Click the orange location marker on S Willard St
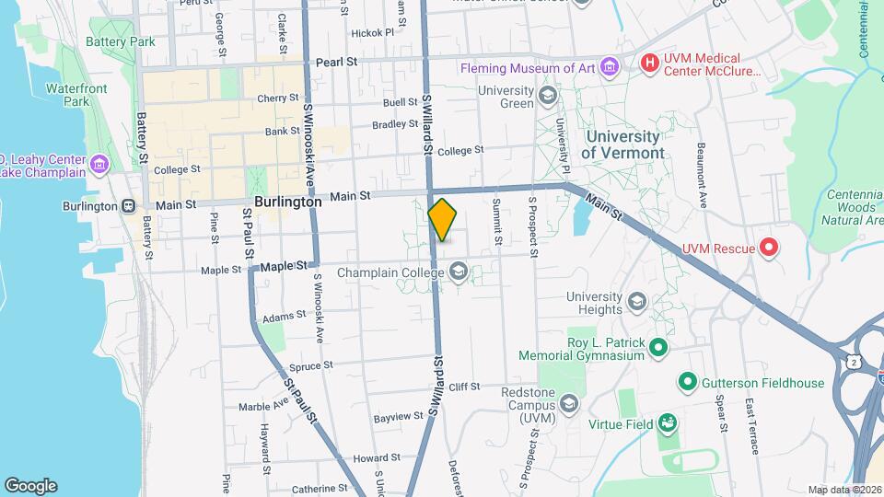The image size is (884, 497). point(442,219)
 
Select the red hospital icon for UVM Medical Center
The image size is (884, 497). point(650,64)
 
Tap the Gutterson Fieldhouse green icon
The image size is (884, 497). point(687,380)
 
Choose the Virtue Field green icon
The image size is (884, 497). point(668,423)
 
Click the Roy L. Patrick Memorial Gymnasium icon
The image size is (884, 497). point(657,347)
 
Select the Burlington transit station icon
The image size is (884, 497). point(129,206)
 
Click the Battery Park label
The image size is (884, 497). point(121,41)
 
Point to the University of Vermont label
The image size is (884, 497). point(623,144)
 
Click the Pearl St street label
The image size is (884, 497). point(337,62)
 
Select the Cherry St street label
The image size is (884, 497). point(278,98)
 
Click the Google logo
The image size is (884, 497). point(30,485)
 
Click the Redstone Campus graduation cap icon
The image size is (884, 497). point(569,403)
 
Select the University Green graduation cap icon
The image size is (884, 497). point(548,96)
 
